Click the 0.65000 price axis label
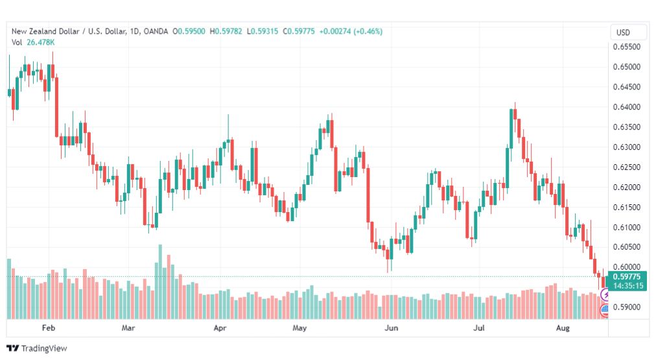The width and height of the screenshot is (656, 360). pos(626,67)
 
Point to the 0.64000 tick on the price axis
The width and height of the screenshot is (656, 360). pos(626,107)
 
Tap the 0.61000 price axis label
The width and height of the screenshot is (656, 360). pos(626,227)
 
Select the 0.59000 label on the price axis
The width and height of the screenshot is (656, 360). pos(626,307)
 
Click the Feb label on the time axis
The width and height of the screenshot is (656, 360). pos(49,328)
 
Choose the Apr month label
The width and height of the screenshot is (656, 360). pos(220,328)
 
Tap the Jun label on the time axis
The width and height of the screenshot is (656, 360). pos(391,328)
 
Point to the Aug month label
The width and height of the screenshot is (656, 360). pos(563,328)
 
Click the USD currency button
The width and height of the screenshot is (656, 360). pos(623,32)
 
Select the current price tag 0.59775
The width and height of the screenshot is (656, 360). pos(627,277)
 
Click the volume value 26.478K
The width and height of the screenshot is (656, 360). pos(41,42)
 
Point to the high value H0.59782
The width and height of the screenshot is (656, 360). pos(226,31)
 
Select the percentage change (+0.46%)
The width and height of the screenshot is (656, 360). pos(368,31)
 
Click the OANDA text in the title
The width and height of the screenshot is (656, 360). pos(156,31)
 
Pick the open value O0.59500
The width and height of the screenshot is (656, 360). pos(189,31)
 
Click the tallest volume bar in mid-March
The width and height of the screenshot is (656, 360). pos(160,282)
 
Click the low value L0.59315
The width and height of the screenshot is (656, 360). pos(263,31)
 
